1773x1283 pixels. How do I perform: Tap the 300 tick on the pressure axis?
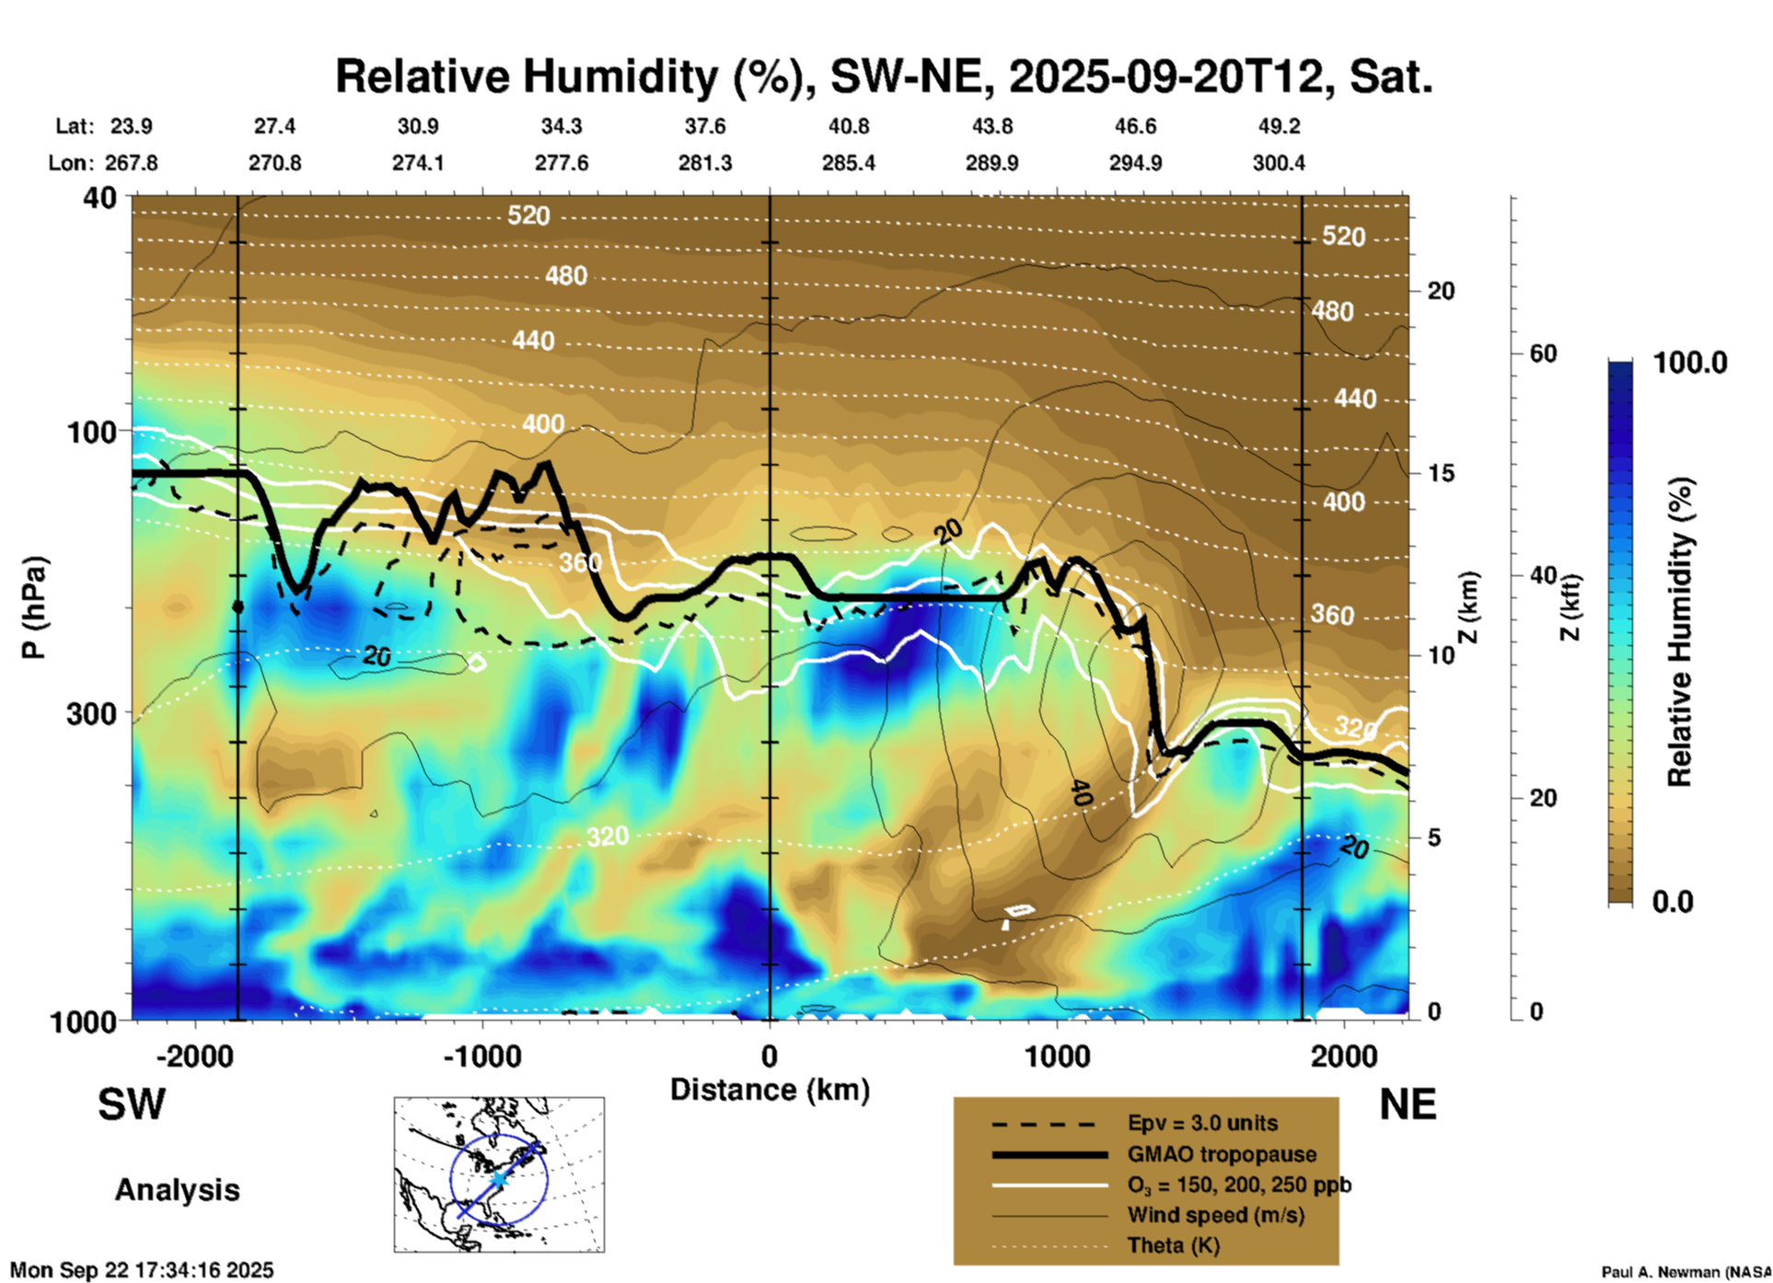tap(91, 714)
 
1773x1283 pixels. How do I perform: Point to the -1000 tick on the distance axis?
tap(481, 1056)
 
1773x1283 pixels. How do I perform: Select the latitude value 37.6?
tap(704, 126)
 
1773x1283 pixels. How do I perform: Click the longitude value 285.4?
tap(848, 163)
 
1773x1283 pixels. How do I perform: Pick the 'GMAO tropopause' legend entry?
tap(1222, 1154)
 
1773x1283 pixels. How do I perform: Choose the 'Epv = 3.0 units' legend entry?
tap(1201, 1124)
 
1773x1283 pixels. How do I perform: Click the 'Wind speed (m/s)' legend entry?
tap(1215, 1215)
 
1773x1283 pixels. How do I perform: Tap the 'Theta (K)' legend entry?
tap(1173, 1245)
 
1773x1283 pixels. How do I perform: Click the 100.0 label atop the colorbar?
tap(1690, 363)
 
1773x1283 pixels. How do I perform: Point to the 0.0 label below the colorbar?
tap(1673, 902)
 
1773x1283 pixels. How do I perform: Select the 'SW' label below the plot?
tap(132, 1104)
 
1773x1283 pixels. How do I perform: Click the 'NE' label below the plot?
tap(1408, 1104)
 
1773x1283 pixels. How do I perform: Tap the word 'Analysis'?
tap(177, 1190)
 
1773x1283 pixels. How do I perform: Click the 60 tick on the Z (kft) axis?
tap(1543, 353)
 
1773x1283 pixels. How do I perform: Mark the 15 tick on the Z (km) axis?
tap(1441, 473)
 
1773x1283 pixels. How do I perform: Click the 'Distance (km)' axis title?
tap(770, 1090)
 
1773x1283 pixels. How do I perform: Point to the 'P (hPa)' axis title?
tap(34, 607)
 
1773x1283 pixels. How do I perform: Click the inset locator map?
tap(499, 1173)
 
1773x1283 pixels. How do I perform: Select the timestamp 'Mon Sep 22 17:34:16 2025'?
tap(142, 1270)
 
